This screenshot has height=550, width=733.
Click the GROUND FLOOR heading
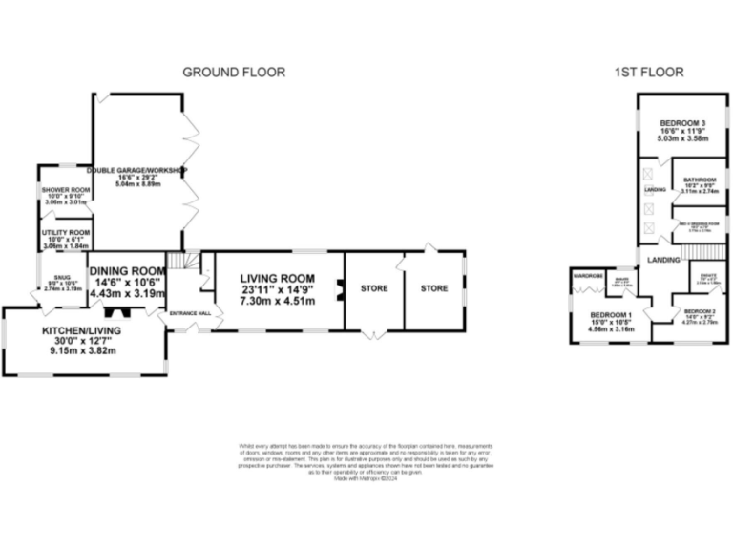click(x=233, y=72)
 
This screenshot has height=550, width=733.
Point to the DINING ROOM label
click(x=127, y=271)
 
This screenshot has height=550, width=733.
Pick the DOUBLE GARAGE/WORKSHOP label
click(x=138, y=170)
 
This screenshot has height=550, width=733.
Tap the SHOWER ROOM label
click(x=65, y=190)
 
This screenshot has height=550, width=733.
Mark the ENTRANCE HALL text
click(x=189, y=313)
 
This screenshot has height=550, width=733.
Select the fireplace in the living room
click(x=338, y=289)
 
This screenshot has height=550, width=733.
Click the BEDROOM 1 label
click(x=611, y=316)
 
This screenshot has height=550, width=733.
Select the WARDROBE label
click(x=585, y=276)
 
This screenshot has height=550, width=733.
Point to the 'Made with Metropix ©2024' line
click(x=366, y=479)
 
